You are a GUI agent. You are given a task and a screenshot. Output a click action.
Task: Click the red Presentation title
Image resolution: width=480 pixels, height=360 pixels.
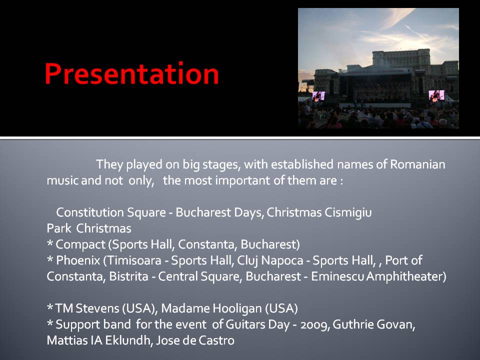[x=131, y=74]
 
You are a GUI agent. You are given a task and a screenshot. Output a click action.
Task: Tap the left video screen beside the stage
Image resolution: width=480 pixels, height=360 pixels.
[x=318, y=96]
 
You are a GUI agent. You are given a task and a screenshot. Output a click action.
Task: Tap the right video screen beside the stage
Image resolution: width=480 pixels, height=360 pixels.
[x=436, y=95]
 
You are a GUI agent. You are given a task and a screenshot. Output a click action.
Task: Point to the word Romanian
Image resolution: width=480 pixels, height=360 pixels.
[x=417, y=164]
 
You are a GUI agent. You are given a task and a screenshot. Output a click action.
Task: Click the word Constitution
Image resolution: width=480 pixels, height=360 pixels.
[x=90, y=212]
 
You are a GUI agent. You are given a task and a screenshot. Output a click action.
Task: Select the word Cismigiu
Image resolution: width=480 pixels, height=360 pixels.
[x=348, y=213]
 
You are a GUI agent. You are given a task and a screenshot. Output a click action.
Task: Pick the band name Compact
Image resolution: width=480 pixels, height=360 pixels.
[x=80, y=244]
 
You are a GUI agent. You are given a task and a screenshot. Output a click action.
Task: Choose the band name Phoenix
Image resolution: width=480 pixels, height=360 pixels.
[x=78, y=260]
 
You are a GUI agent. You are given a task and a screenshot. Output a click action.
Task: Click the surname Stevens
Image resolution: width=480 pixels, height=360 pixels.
[x=97, y=308]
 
